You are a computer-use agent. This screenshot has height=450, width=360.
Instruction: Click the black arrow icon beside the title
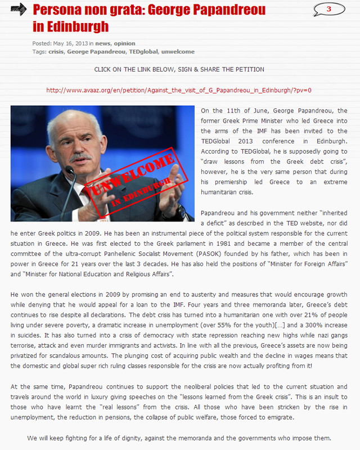(18, 9)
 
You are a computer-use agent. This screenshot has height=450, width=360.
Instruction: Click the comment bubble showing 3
(328, 9)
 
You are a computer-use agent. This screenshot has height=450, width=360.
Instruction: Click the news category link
(102, 43)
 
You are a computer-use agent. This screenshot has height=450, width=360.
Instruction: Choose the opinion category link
(124, 43)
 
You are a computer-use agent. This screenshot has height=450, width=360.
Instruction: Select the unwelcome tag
(178, 52)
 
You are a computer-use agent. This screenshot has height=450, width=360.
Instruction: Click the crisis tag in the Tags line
(56, 52)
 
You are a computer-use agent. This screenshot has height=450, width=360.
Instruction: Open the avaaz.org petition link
(179, 90)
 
